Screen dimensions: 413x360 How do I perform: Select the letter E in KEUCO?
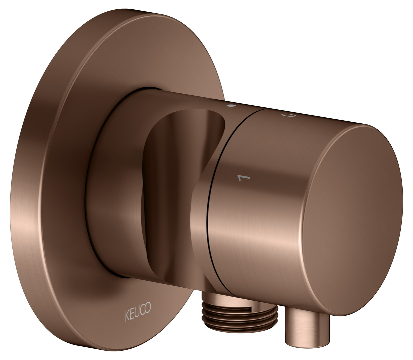point(133,313)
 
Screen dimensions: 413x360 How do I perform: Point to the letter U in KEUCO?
point(137,311)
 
